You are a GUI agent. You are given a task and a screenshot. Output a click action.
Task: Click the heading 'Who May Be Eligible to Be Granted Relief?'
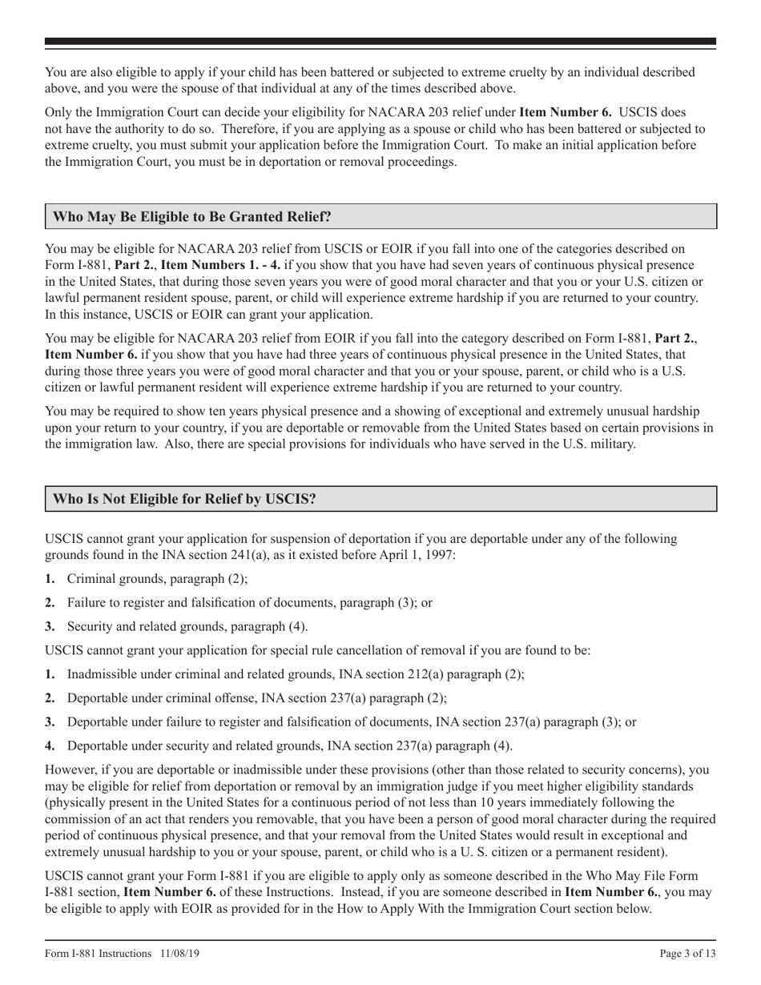(191, 217)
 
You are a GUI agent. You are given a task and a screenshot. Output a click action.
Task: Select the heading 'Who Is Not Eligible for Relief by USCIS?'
(184, 499)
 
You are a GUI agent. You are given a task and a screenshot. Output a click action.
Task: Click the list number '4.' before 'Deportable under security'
(50, 746)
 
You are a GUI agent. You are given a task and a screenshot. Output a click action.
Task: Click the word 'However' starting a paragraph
(70, 770)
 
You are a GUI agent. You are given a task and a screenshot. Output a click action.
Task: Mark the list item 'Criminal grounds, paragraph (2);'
(157, 578)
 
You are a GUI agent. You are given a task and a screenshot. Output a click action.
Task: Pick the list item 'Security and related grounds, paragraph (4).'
(187, 626)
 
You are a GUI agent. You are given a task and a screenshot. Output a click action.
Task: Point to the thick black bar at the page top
(380, 41)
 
